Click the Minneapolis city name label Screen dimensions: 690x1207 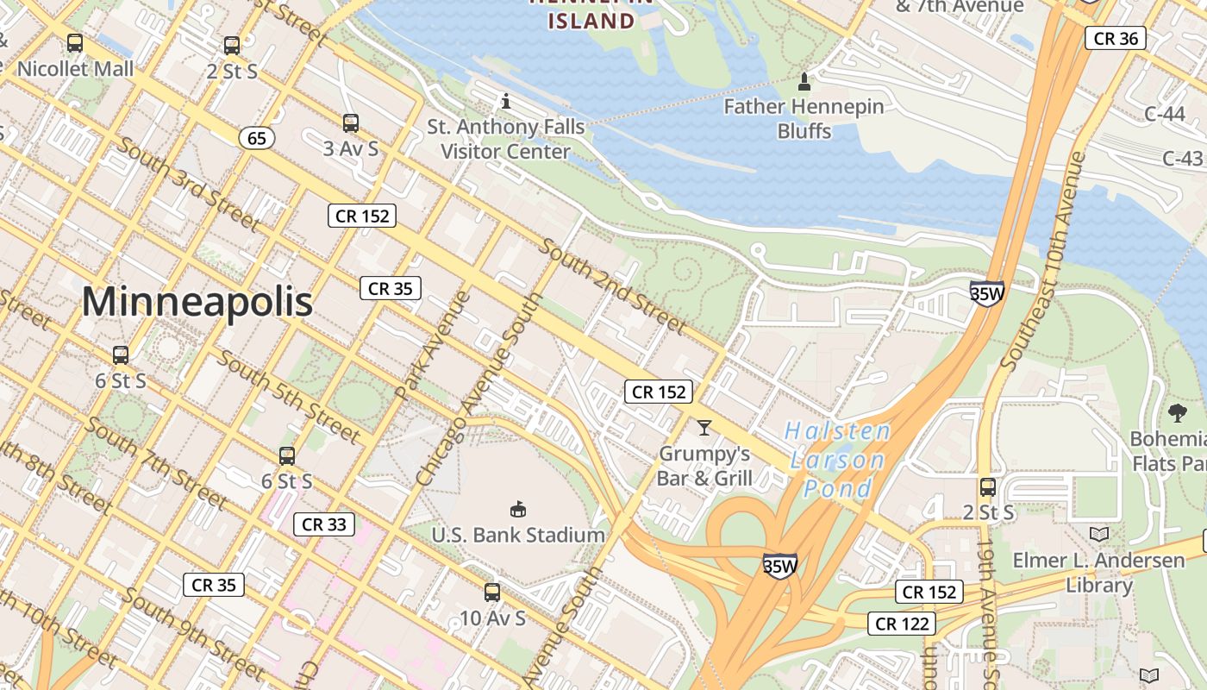(x=197, y=302)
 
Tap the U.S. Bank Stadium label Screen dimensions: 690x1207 (x=518, y=535)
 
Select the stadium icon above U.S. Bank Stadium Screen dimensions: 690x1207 (x=518, y=509)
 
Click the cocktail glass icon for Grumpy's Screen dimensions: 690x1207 (x=704, y=427)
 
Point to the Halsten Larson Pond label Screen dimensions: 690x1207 (x=837, y=460)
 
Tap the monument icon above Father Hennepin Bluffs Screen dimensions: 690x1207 (x=804, y=82)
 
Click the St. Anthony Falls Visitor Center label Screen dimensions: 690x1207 (x=506, y=139)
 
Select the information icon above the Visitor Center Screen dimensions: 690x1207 (x=506, y=102)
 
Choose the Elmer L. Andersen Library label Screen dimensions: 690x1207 (x=1098, y=573)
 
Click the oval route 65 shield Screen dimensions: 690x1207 (x=257, y=138)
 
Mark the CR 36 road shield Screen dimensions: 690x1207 (x=1115, y=38)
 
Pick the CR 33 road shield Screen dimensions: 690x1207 (x=323, y=524)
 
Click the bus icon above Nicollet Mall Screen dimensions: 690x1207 (x=75, y=42)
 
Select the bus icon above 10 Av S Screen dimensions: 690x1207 (x=492, y=593)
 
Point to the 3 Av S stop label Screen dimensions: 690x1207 (x=351, y=148)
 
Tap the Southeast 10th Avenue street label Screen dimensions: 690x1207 (x=1041, y=261)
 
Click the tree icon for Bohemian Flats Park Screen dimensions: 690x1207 (x=1177, y=413)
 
